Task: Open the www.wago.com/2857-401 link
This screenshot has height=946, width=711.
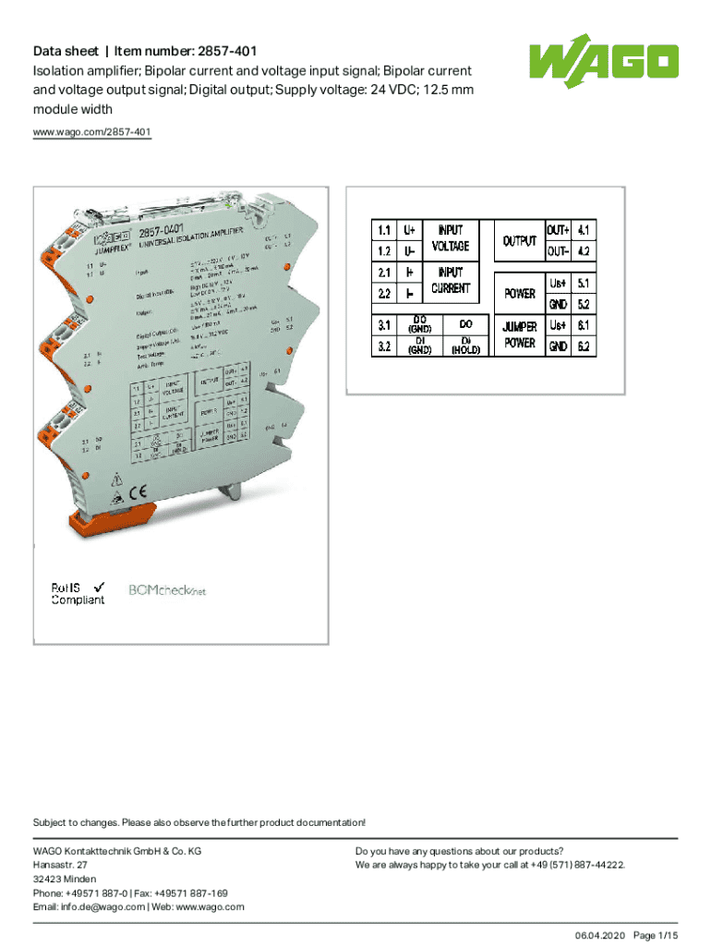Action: pos(92,133)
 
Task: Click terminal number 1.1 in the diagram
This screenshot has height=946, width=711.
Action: pos(382,228)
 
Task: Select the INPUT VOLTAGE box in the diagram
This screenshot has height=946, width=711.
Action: pos(451,237)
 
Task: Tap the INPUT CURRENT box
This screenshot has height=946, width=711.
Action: pos(451,281)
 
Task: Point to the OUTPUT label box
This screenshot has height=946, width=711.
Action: pos(519,240)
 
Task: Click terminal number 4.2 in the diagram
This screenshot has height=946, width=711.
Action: pos(583,250)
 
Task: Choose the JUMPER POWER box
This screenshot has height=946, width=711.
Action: pos(519,335)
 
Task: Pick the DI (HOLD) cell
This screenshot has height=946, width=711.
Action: pos(465,346)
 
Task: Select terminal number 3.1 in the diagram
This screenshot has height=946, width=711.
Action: pos(382,324)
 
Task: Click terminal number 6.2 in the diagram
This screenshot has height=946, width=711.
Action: pos(583,346)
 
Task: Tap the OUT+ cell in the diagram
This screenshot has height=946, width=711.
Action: pos(558,229)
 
